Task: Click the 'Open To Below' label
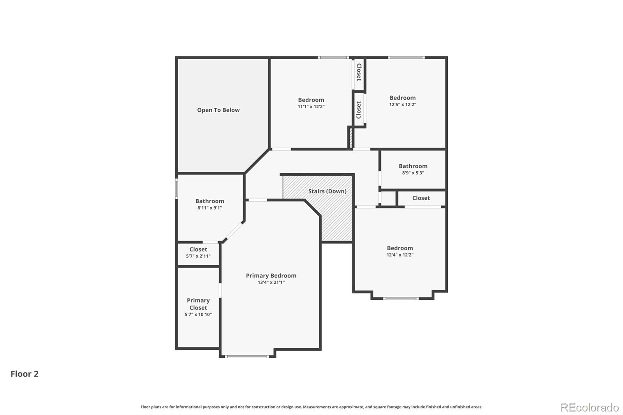click(218, 110)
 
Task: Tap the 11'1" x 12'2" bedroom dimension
click(311, 107)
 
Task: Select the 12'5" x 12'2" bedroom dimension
click(402, 105)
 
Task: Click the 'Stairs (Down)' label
click(327, 191)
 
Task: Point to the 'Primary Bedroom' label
click(271, 276)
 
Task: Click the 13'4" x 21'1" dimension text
click(271, 283)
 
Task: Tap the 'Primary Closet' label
click(198, 304)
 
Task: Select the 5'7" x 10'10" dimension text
click(198, 315)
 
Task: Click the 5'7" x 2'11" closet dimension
click(198, 256)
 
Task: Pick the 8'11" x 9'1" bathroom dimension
click(209, 208)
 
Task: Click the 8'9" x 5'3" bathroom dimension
click(413, 173)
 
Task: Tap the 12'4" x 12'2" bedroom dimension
click(399, 255)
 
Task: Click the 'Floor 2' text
click(25, 374)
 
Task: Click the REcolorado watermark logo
click(589, 408)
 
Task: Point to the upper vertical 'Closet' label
click(359, 72)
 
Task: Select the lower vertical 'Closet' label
click(359, 110)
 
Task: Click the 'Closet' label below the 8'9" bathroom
click(421, 198)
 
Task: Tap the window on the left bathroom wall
click(176, 188)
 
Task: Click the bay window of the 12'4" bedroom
click(401, 299)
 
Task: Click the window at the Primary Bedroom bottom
click(246, 356)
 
